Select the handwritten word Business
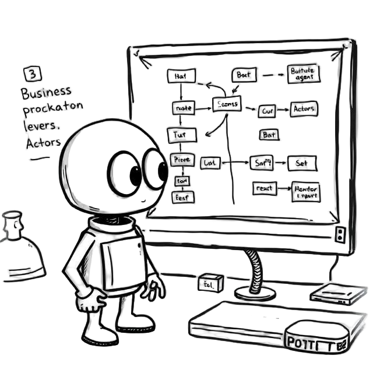click(x=46, y=92)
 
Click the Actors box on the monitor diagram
click(x=304, y=109)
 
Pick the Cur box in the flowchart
click(x=268, y=110)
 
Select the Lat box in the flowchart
click(x=209, y=163)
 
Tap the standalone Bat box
click(x=269, y=135)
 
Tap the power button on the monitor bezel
click(x=340, y=234)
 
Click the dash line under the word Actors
click(x=40, y=157)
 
